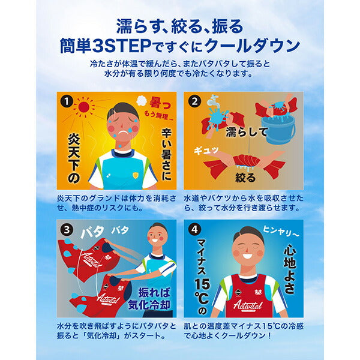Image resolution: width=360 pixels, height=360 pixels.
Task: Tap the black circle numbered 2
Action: [x=194, y=100]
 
